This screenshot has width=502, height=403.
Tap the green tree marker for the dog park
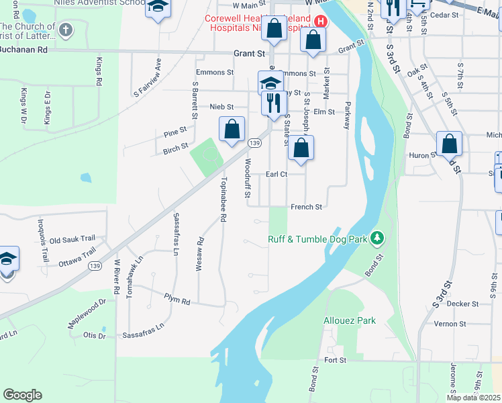[378, 238]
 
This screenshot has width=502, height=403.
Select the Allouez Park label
[350, 320]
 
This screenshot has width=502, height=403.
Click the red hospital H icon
[321, 21]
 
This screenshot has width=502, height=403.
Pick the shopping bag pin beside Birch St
[232, 129]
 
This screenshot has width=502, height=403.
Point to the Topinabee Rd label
[223, 200]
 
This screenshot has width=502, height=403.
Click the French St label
[306, 207]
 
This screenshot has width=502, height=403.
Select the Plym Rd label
[178, 300]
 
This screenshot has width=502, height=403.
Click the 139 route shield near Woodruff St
[254, 143]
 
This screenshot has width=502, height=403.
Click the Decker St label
[462, 304]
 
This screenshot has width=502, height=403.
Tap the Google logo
[22, 394]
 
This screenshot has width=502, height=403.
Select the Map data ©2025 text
[474, 398]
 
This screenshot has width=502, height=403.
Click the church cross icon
[65, 30]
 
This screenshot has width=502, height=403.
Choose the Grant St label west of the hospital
[250, 52]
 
